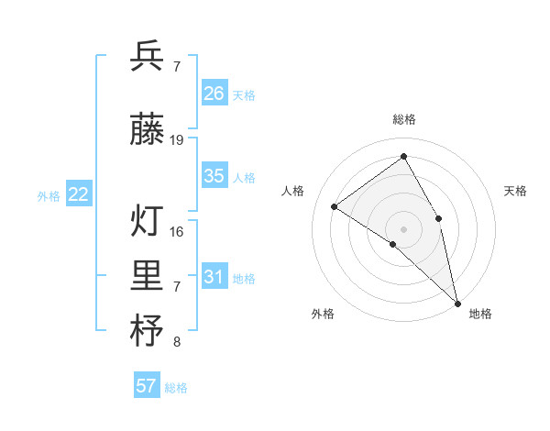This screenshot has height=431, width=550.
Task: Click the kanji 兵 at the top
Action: point(147,58)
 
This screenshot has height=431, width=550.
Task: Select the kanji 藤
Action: point(147,131)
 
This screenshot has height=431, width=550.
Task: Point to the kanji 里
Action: point(147,278)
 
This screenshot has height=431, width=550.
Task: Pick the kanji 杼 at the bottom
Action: point(147,332)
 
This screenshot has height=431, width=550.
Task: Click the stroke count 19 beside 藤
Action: point(177,140)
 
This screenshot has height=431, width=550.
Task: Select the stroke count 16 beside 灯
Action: point(177,232)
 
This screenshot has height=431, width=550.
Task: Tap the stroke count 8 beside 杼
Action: point(177,343)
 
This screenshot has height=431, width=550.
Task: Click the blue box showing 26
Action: point(214,93)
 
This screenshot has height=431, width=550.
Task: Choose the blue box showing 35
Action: point(214,176)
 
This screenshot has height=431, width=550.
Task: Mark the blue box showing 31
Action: point(214,276)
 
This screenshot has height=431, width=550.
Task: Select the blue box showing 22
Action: point(79,193)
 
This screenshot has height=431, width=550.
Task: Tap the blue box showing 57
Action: point(147,386)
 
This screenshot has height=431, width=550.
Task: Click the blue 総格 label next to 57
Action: point(176,388)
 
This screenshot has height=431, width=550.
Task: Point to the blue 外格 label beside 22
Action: point(49,195)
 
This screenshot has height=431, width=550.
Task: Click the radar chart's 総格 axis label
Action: point(403,119)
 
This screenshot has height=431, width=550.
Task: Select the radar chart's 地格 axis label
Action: point(480,314)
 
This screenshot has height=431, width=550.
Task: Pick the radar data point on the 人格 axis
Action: point(335,206)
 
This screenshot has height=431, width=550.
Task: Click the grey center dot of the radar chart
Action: point(403,228)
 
